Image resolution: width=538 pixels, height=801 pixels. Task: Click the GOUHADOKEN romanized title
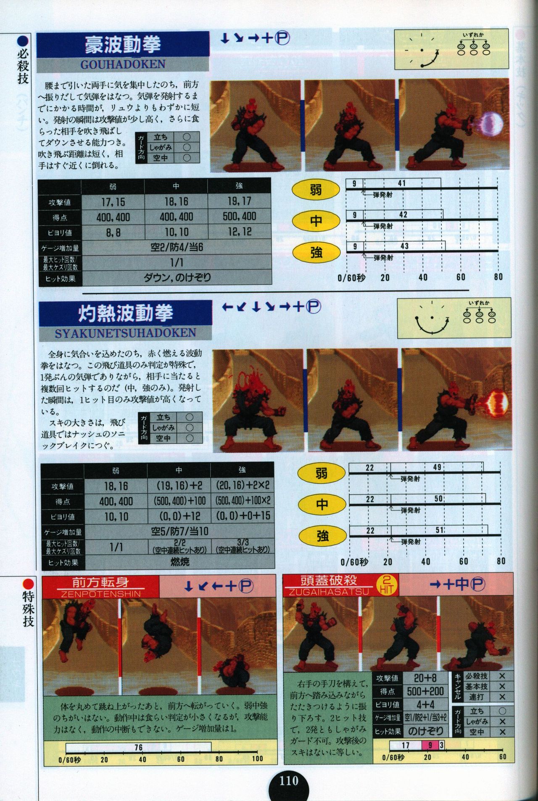pos(123,64)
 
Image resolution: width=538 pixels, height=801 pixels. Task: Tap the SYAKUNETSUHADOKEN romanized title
pos(125,333)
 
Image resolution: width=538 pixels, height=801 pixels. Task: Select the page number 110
pos(289,781)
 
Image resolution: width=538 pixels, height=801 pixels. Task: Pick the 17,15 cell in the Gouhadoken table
pos(113,202)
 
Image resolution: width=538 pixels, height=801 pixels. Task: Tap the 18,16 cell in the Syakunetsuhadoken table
pos(116,486)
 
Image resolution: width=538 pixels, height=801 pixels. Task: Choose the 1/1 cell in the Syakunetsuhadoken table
pos(116,546)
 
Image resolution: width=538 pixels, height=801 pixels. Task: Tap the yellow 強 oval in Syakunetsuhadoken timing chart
pos(322,536)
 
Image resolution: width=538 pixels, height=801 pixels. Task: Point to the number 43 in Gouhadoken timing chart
pos(404,246)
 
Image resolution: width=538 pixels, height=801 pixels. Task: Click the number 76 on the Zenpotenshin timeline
pos(138,747)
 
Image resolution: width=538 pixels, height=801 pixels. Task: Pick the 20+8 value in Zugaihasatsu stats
pos(425,678)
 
